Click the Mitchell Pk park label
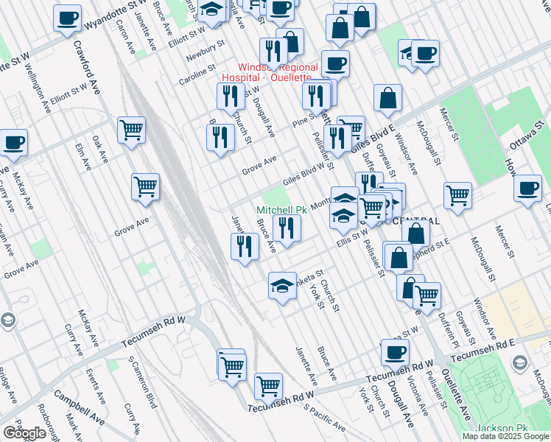click(x=281, y=210)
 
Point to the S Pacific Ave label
click(x=324, y=418)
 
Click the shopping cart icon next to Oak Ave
click(x=131, y=130)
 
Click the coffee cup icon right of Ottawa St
click(x=528, y=189)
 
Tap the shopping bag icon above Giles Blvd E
click(x=387, y=97)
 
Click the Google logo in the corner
click(x=24, y=433)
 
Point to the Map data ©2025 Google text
click(x=505, y=436)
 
